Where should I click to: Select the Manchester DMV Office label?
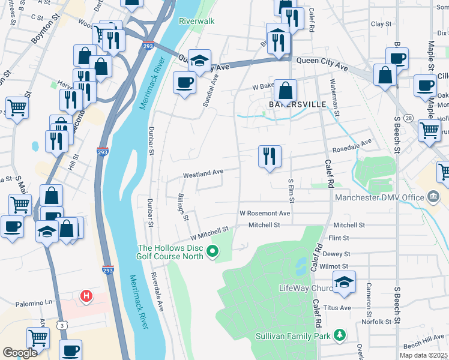click(380, 198)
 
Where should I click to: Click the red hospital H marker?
click(87, 296)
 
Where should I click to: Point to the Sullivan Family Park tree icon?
click(340, 335)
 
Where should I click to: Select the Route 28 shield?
click(408, 118)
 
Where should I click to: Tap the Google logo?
click(20, 353)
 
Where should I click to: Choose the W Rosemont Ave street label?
click(265, 213)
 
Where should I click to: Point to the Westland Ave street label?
click(203, 173)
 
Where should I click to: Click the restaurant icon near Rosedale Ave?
click(270, 156)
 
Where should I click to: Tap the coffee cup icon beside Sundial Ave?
click(184, 82)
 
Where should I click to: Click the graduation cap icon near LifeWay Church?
click(344, 282)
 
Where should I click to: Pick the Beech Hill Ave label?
click(424, 344)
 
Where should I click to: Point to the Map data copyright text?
click(423, 355)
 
